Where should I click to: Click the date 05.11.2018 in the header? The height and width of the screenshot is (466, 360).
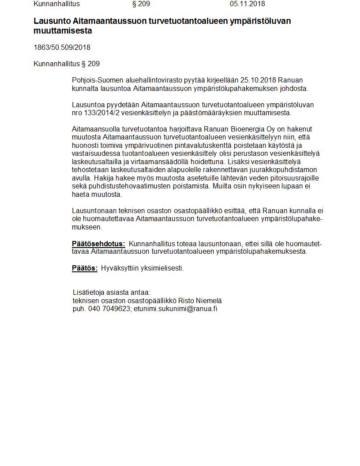[247, 4]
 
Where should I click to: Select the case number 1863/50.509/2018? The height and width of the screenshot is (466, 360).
[62, 47]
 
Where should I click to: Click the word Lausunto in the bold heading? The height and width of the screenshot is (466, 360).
[51, 21]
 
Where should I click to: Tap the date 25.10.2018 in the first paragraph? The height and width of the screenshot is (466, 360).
[258, 80]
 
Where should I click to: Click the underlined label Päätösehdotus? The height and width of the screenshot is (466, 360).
[98, 244]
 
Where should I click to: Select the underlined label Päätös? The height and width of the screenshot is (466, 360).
[85, 268]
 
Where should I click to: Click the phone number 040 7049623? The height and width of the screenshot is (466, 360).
[109, 308]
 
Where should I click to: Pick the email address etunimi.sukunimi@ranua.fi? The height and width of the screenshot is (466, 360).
[175, 308]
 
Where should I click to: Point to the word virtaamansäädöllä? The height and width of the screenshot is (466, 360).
[158, 162]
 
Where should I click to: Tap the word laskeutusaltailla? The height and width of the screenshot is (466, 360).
[97, 162]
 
